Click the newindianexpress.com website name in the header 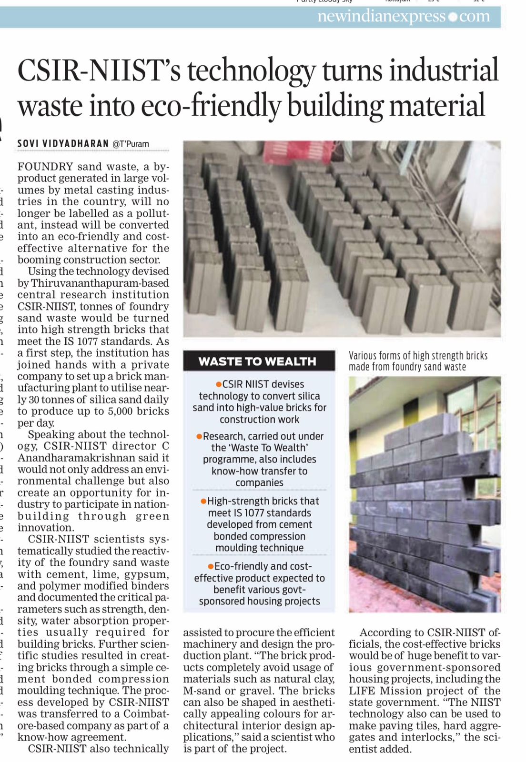pyautogui.click(x=403, y=17)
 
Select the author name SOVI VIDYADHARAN pyautogui.click(x=63, y=143)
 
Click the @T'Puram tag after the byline pyautogui.click(x=131, y=144)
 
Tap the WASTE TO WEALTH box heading pyautogui.click(x=257, y=361)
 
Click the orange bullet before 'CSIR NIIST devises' pyautogui.click(x=219, y=384)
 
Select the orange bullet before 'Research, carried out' pyautogui.click(x=199, y=436)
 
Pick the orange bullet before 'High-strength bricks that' pyautogui.click(x=203, y=501)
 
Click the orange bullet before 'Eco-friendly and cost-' pyautogui.click(x=211, y=566)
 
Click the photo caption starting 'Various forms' pyautogui.click(x=418, y=361)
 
